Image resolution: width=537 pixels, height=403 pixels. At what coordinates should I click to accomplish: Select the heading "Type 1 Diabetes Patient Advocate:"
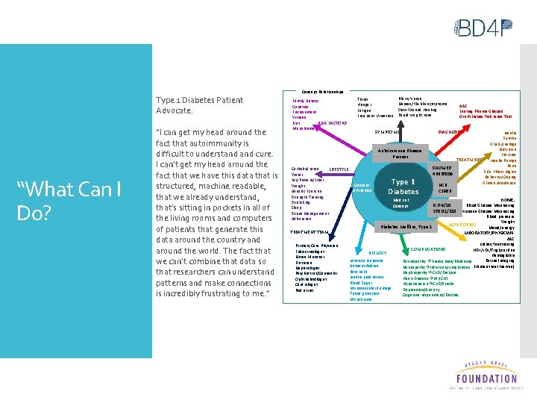tap(199, 105)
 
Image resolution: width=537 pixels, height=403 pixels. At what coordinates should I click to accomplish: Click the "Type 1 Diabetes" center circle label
tap(403, 186)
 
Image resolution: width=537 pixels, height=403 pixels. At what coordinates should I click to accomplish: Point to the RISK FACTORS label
tap(333, 122)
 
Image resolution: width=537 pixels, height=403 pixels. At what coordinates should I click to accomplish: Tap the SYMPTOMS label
tap(387, 131)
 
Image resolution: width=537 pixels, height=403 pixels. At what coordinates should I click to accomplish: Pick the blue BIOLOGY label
tap(377, 253)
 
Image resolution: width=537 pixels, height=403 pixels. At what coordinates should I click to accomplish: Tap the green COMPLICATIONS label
tap(429, 249)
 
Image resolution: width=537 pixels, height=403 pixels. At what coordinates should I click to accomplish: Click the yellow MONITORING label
tap(462, 224)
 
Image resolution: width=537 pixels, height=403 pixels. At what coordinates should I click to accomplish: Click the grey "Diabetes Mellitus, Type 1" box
tap(407, 227)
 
